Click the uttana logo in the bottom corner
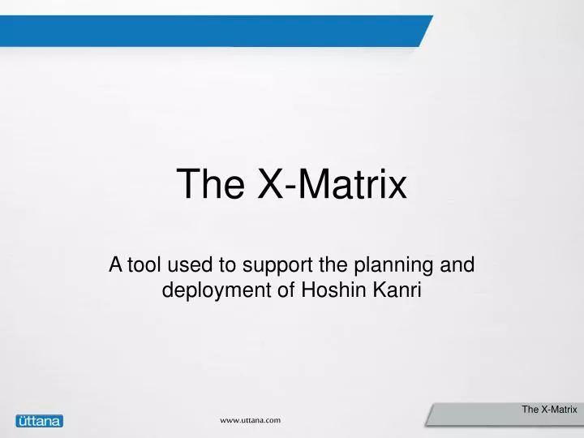[39, 420]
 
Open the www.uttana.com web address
[251, 420]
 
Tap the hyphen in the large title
[291, 187]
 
